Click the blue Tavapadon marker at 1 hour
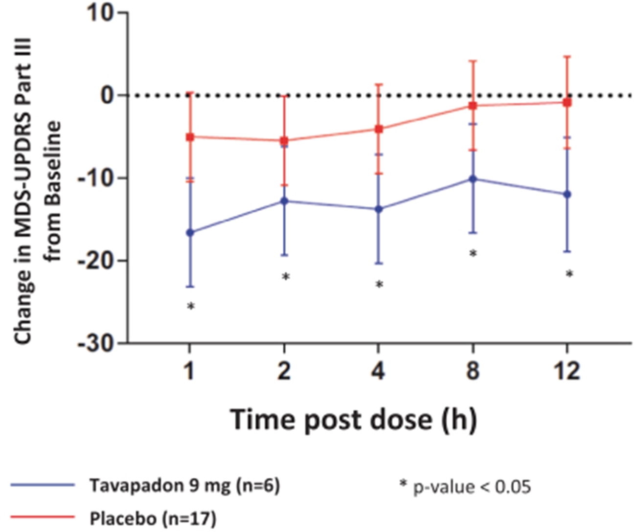coord(190,232)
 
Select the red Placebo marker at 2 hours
coord(284,141)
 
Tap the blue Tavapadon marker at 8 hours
coord(473,179)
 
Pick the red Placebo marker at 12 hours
coord(567,103)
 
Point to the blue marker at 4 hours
coord(378,209)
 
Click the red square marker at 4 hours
coord(378,129)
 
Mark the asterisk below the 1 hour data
coord(191,307)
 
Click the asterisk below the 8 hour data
coord(473,254)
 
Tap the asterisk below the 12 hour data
coord(569,274)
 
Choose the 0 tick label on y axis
coord(108,95)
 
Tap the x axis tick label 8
coord(473,371)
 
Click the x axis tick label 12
coord(567,371)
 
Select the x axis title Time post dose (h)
coord(353,420)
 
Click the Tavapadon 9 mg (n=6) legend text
coord(184,486)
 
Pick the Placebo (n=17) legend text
coord(153,518)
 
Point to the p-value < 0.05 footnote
coord(465,487)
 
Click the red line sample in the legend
coord(43,517)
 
